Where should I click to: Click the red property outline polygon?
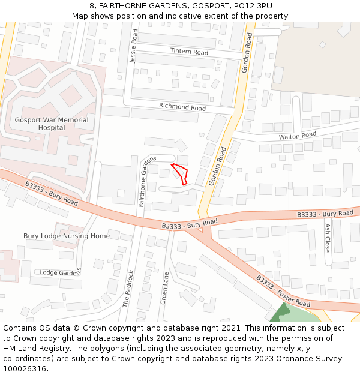click(x=181, y=172)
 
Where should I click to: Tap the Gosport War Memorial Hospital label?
click(x=51, y=124)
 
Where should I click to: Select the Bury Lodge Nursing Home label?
click(x=67, y=236)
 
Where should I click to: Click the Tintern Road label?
click(x=189, y=52)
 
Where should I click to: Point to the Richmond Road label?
click(x=182, y=107)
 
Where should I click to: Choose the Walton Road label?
click(x=297, y=136)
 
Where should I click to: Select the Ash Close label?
click(x=327, y=238)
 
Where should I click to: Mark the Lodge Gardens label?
click(x=59, y=272)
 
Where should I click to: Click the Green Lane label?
click(x=164, y=288)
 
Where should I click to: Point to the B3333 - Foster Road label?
click(x=283, y=292)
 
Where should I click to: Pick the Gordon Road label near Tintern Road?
click(x=248, y=53)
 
